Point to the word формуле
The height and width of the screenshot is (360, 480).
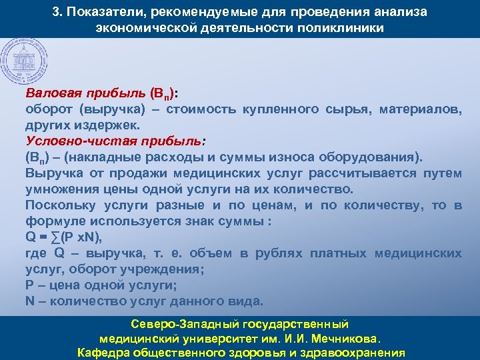pos(52,221)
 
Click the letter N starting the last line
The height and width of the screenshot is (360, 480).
pos(30,301)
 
